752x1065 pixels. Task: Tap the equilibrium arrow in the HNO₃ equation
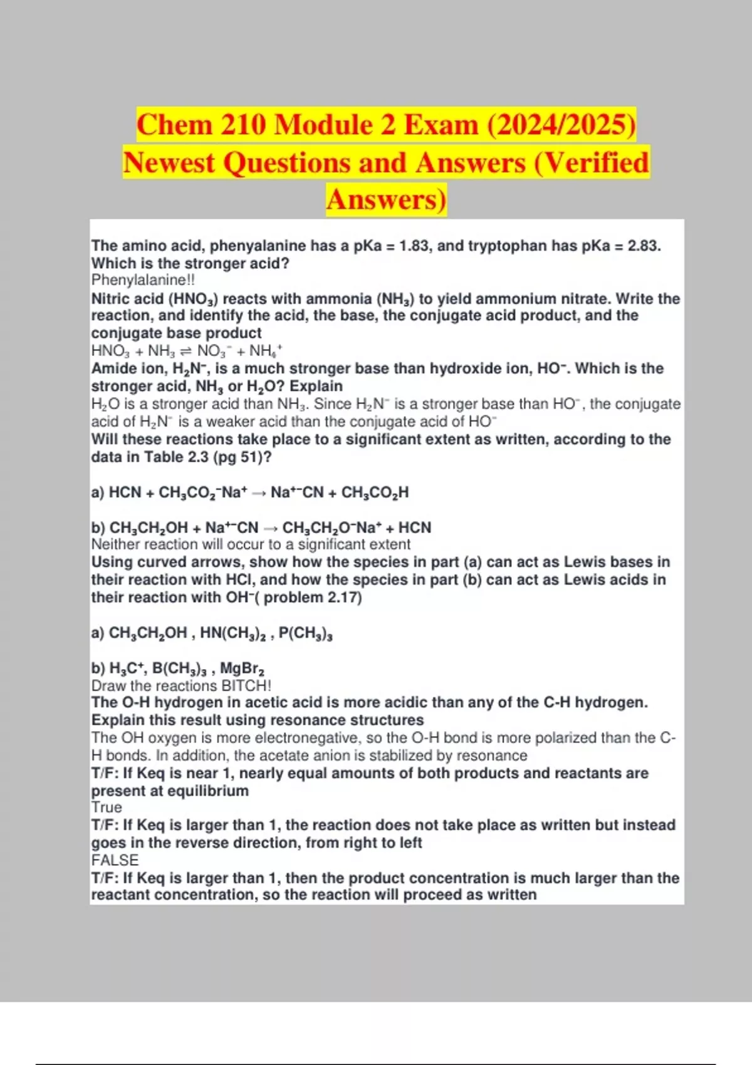[x=186, y=351]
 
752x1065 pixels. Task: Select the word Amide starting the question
[x=112, y=368]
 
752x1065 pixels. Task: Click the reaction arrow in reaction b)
[x=270, y=528]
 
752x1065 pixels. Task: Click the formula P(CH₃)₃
[x=305, y=633]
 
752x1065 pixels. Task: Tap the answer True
[x=107, y=808]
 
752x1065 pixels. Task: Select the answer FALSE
[x=115, y=860]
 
